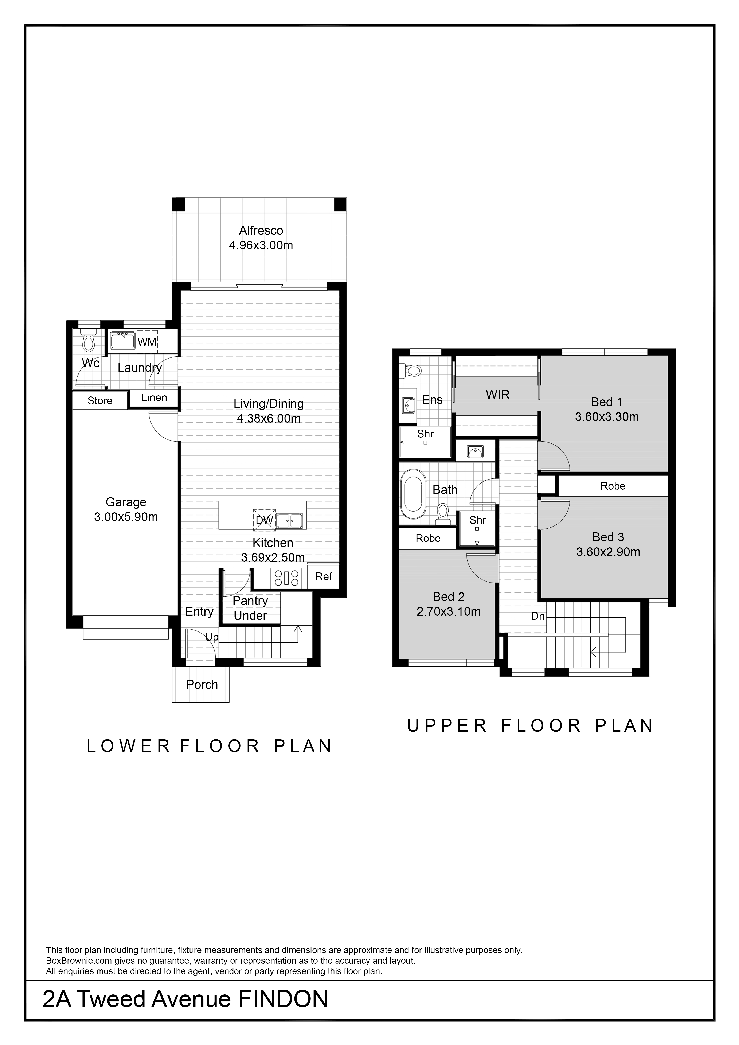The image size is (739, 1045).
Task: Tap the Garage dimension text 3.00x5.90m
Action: coord(126,517)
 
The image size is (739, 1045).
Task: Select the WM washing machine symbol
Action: coord(147,342)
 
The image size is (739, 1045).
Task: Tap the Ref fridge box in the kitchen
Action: coord(324,577)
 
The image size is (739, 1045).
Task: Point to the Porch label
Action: coord(202,685)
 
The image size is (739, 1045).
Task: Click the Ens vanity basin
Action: coord(408,404)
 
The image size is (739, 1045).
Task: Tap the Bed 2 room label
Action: coord(449,597)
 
